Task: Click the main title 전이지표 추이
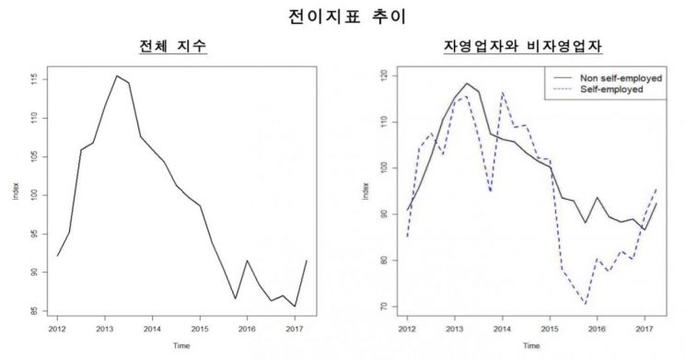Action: pos(343,16)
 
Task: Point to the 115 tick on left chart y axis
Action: pos(34,80)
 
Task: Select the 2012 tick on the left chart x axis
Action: pos(57,328)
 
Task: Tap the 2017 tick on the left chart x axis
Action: pos(293,328)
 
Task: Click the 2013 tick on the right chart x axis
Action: pos(454,328)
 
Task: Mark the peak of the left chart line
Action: pos(116,75)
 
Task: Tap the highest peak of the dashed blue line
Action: pos(503,92)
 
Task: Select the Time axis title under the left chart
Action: pos(175,347)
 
